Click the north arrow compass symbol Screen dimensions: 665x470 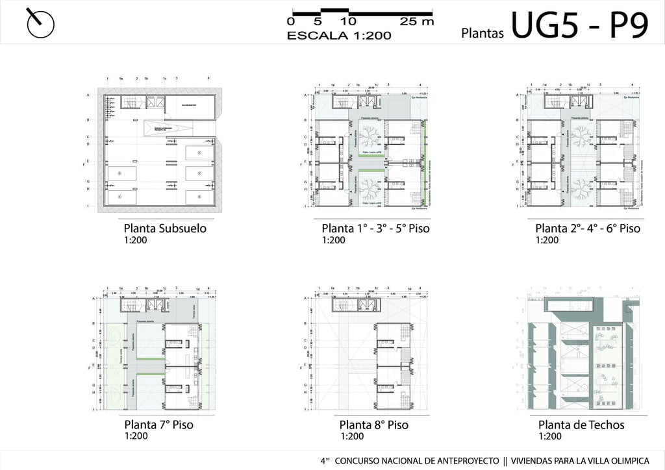pos(40,23)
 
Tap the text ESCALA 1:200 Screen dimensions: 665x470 pos(339,36)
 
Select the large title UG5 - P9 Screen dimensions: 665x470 pos(579,26)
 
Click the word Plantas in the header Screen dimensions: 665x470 pos(483,33)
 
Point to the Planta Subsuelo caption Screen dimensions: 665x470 pos(165,229)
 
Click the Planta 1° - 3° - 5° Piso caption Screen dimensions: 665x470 pos(375,229)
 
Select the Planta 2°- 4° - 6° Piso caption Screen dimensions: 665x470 pos(587,229)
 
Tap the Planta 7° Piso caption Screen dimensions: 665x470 pos(158,425)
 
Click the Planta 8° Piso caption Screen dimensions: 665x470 pos(374,425)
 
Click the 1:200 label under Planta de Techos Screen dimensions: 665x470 pos(549,436)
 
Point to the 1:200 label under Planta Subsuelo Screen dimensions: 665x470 pos(135,240)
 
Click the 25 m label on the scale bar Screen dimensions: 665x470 pos(416,21)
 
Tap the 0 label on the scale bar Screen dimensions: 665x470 pos(290,21)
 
